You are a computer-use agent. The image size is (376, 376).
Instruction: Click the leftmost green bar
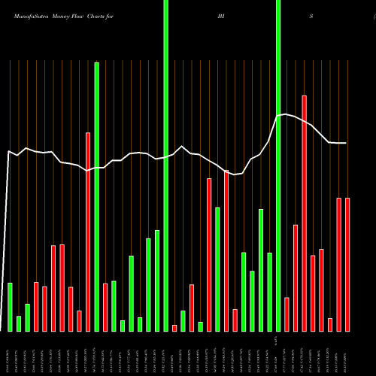[11, 307]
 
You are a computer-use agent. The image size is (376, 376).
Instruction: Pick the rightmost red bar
[347, 264]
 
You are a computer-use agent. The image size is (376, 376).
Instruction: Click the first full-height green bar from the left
[165, 165]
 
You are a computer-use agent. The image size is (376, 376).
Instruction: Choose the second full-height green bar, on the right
[278, 165]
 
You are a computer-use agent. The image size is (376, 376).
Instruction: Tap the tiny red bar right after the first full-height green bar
[174, 328]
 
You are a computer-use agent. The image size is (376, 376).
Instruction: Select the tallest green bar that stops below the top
[97, 196]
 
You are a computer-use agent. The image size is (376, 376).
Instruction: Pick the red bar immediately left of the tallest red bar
[296, 277]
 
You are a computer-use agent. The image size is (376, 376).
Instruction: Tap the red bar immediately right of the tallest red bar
[313, 293]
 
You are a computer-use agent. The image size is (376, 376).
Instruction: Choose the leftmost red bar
[36, 306]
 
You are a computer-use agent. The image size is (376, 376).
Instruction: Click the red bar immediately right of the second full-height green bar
[287, 314]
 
